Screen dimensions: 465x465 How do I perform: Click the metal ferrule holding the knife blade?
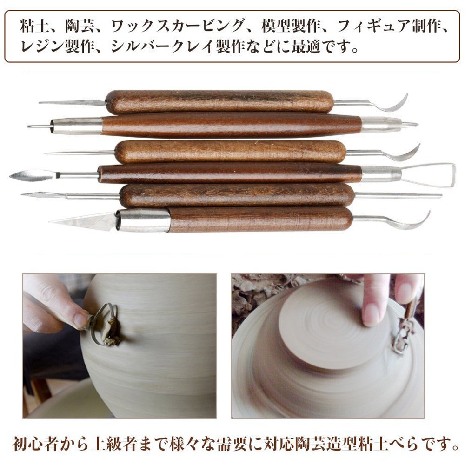tap(143, 220)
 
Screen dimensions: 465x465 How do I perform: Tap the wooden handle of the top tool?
tap(219, 102)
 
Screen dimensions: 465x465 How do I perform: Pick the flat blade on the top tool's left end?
tap(72, 103)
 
